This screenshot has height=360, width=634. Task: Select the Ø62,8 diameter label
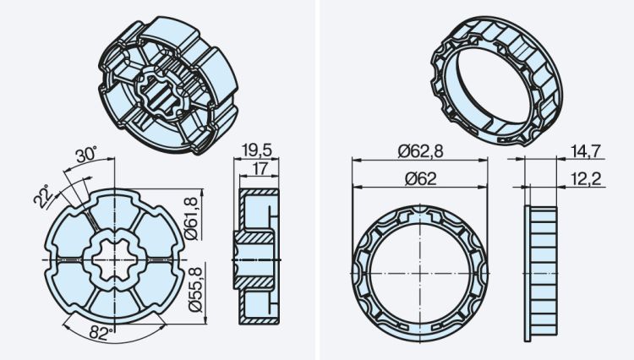[420, 151]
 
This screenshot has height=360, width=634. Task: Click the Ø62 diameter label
[420, 178]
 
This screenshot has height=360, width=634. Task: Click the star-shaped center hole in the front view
[116, 259]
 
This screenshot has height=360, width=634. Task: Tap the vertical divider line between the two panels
[315, 180]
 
